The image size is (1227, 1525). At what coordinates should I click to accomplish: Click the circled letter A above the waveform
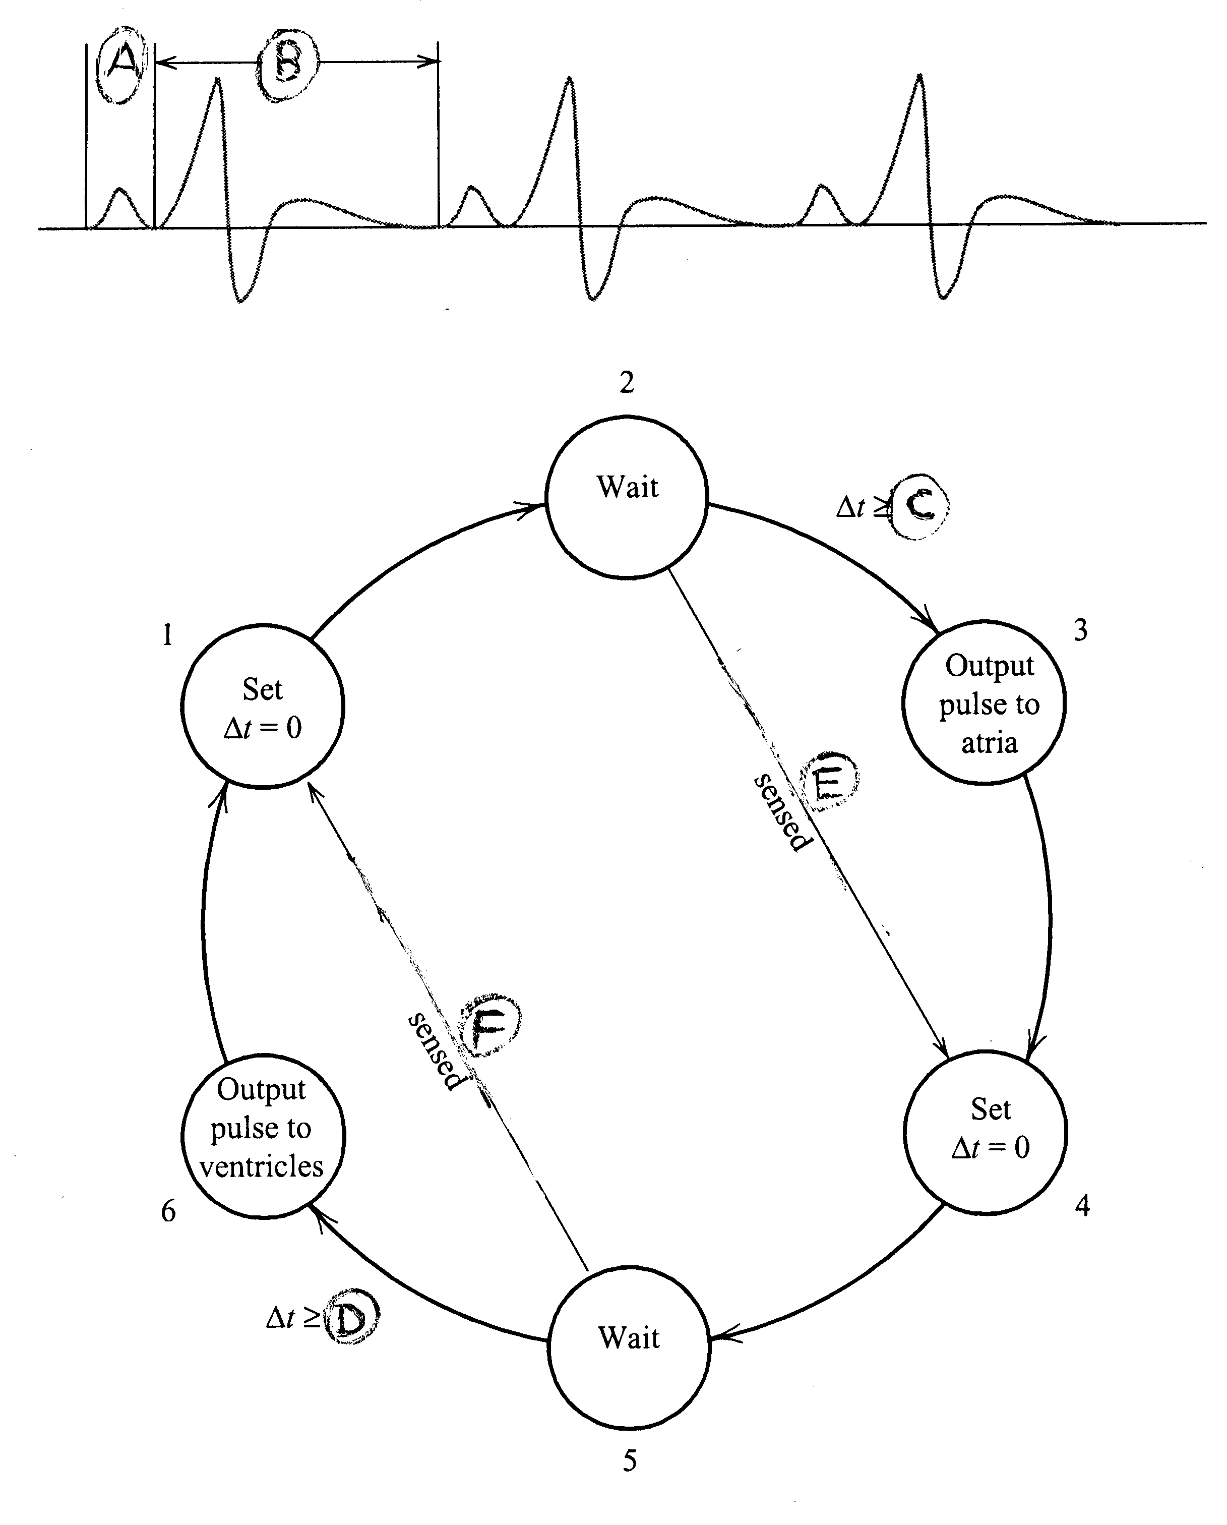(123, 66)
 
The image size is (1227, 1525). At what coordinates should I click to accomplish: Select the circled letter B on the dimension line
(287, 65)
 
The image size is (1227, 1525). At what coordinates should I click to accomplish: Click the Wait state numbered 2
(627, 497)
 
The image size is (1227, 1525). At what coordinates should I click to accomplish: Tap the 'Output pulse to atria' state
(984, 702)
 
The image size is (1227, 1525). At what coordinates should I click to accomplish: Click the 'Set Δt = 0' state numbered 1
(262, 705)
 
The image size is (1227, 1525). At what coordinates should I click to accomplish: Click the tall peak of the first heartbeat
(218, 80)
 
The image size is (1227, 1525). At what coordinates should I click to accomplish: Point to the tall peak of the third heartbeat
(919, 76)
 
